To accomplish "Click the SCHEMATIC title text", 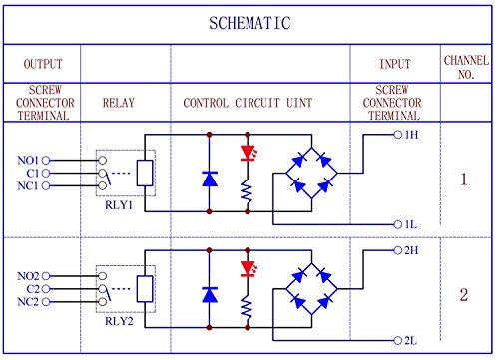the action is pyautogui.click(x=249, y=23).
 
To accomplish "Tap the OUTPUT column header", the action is pyautogui.click(x=43, y=64).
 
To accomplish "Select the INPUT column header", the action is pyautogui.click(x=395, y=64).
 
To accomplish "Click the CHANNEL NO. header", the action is pyautogui.click(x=466, y=67).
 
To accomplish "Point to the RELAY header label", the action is pyautogui.click(x=119, y=103).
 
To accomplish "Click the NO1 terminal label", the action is pyautogui.click(x=28, y=160).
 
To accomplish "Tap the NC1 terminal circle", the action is pyautogui.click(x=46, y=185).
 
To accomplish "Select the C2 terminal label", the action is pyautogui.click(x=33, y=289).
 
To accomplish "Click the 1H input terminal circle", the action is pyautogui.click(x=398, y=135).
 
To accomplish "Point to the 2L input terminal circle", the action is pyautogui.click(x=398, y=340).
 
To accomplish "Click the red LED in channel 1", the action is pyautogui.click(x=248, y=153).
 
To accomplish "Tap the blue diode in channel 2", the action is pyautogui.click(x=210, y=295).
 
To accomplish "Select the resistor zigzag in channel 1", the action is pyautogui.click(x=247, y=190).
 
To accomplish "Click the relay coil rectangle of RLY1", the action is pyautogui.click(x=145, y=173).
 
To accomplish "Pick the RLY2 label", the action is pyautogui.click(x=119, y=321).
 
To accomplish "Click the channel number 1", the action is pyautogui.click(x=464, y=180).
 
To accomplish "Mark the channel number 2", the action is pyautogui.click(x=464, y=295).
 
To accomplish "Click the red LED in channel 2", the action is pyautogui.click(x=248, y=269).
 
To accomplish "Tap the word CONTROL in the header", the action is pyautogui.click(x=206, y=103).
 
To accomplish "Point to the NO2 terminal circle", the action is pyautogui.click(x=46, y=276).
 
